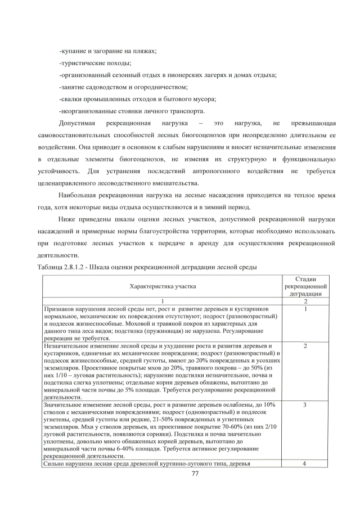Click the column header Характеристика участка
(x=163, y=286)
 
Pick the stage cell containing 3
(x=304, y=404)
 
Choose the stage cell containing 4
(x=304, y=463)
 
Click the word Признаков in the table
(x=58, y=309)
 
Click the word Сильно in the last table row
(x=53, y=463)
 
